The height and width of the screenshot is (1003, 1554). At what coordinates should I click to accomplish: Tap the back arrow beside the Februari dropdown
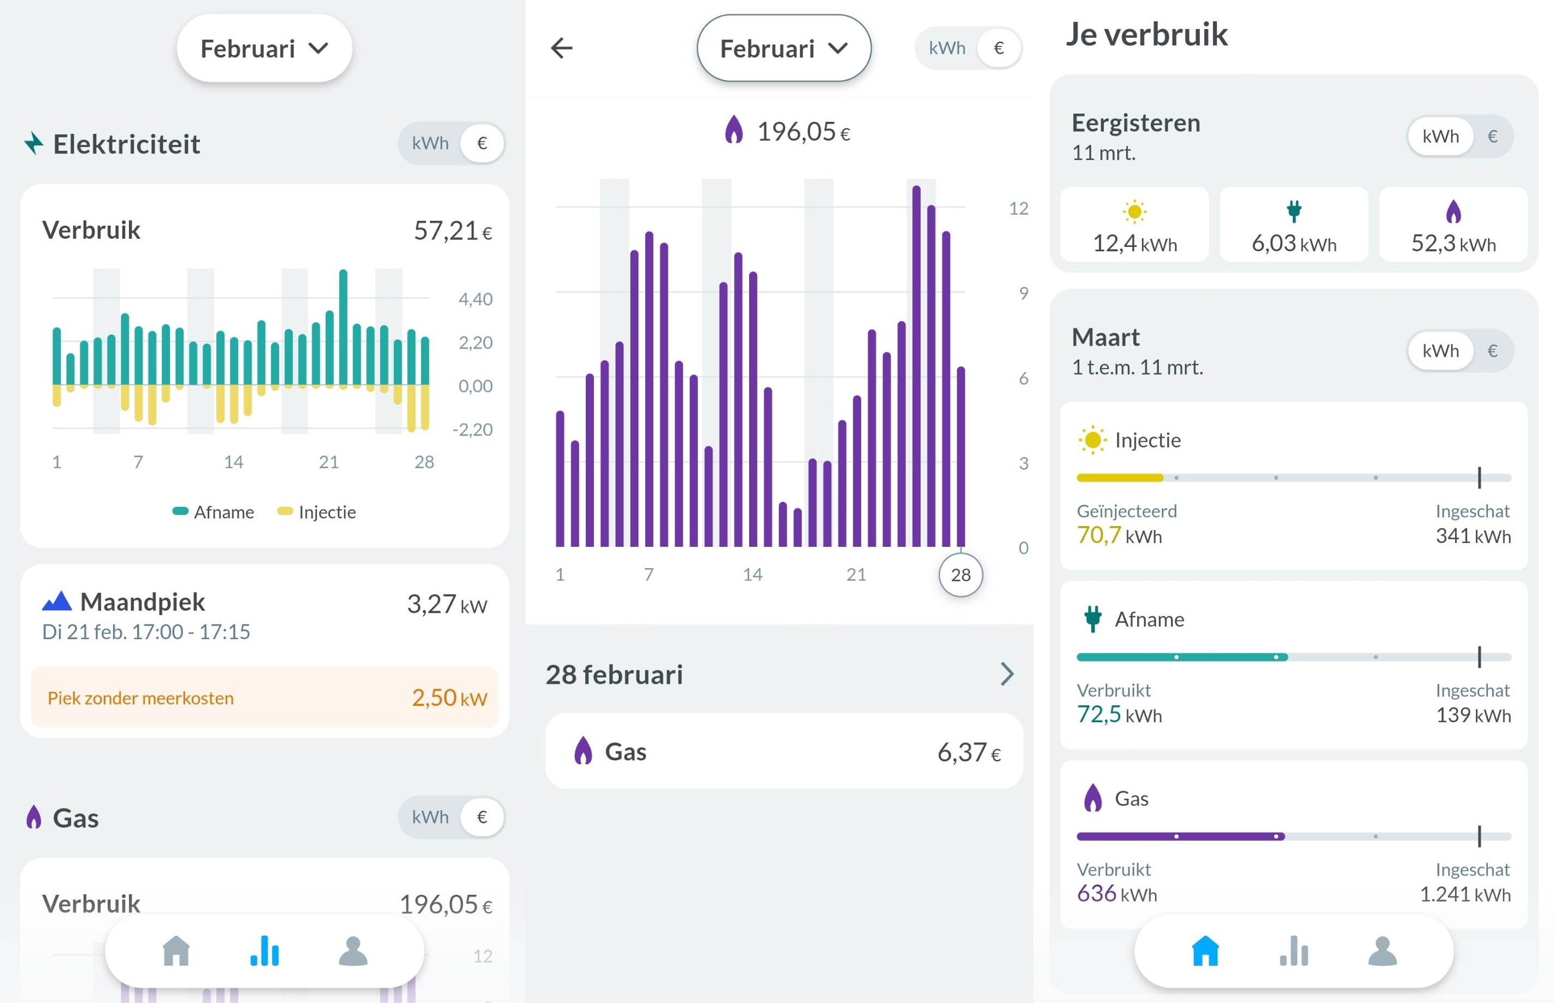[x=561, y=48]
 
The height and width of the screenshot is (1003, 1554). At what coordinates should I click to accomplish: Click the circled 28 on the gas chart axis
[x=960, y=575]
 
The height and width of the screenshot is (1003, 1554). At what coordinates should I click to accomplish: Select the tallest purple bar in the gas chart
[x=916, y=365]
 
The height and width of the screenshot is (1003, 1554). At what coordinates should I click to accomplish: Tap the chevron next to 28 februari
[x=1007, y=674]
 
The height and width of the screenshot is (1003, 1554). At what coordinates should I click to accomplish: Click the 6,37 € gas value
[x=968, y=752]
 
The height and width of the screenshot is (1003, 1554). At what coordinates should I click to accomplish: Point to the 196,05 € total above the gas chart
[x=802, y=132]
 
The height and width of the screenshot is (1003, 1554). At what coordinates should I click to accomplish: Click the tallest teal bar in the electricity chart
[x=343, y=326]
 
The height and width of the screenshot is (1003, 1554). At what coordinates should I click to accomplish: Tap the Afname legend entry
[x=214, y=512]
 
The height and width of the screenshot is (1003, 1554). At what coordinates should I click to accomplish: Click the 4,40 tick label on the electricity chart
[x=475, y=299]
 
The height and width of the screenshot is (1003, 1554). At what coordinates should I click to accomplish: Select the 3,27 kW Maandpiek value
[x=447, y=604]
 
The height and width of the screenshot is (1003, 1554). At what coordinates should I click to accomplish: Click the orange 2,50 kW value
[x=449, y=698]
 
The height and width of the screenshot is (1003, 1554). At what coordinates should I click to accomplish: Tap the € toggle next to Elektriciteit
[x=482, y=143]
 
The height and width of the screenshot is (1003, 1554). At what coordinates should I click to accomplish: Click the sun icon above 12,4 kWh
[x=1134, y=211]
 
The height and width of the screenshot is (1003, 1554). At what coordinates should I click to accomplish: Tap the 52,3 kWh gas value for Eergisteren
[x=1453, y=244]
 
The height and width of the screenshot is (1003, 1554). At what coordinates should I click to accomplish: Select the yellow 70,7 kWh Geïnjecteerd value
[x=1119, y=535]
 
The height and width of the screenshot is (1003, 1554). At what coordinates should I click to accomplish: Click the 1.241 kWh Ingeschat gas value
[x=1465, y=894]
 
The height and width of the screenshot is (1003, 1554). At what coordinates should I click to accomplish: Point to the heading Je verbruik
[x=1146, y=34]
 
